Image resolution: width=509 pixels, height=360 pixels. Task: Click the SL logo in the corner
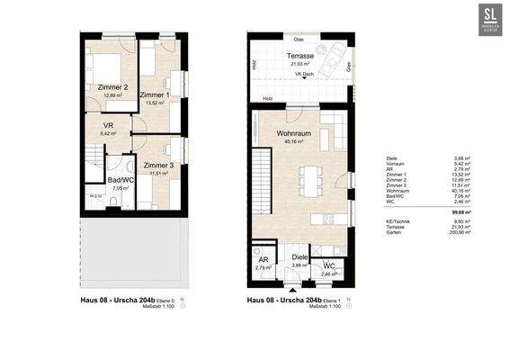[x=490, y=18]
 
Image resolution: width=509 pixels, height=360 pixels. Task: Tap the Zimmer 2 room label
[x=112, y=87]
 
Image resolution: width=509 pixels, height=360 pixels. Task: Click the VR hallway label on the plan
[x=108, y=125]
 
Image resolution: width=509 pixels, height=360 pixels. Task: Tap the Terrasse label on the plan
[x=299, y=56]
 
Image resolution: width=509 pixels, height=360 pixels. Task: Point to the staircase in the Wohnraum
[x=261, y=171]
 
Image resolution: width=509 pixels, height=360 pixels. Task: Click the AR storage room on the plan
[x=263, y=262]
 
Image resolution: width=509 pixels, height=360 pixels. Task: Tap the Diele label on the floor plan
[x=299, y=256]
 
